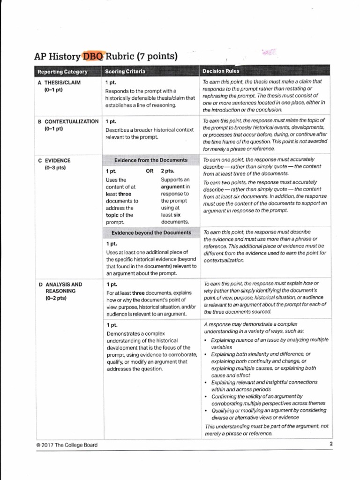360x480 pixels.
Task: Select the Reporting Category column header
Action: coord(63,72)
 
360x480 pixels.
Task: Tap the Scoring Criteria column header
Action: coord(125,72)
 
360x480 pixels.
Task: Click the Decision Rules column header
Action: coord(221,71)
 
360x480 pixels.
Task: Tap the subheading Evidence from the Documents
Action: coord(150,160)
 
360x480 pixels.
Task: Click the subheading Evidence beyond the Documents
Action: coord(151,232)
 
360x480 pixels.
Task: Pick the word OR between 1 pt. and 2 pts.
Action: coord(150,171)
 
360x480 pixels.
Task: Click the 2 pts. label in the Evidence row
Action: coord(169,171)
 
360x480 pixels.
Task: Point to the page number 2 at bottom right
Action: coord(330,443)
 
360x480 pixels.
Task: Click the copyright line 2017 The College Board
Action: coord(67,445)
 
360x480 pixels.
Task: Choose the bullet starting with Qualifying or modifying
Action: coord(267,413)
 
